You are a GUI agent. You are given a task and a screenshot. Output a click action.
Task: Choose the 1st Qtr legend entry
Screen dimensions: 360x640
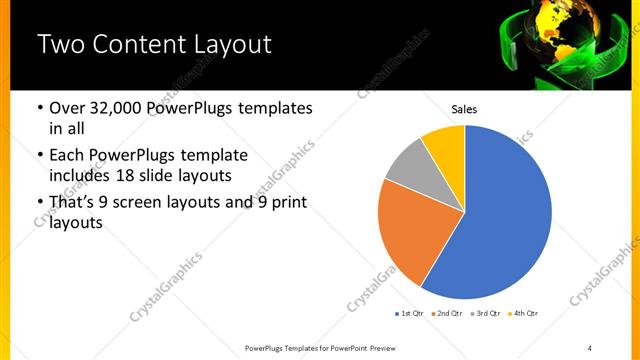(x=410, y=314)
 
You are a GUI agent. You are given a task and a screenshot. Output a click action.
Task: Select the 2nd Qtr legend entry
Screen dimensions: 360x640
(x=447, y=314)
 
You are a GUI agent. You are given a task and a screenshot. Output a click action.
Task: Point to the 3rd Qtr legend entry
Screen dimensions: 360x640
(x=485, y=314)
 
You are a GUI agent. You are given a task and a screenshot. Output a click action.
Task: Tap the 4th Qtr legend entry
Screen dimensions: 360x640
(x=523, y=314)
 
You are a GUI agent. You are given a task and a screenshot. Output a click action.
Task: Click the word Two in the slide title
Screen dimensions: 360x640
(x=61, y=45)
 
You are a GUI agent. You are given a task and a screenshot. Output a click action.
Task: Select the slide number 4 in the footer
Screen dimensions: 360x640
(x=590, y=348)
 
